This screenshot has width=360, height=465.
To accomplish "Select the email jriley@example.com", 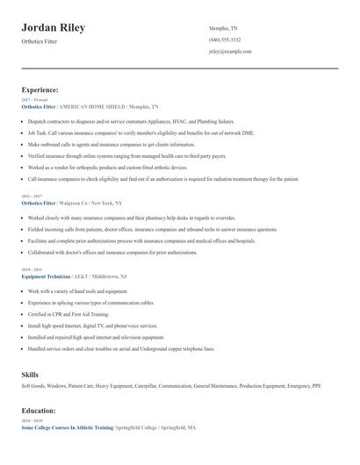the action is (230, 52).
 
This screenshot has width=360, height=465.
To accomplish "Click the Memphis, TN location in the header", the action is (225, 29).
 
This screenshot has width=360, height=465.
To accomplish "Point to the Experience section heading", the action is (40, 89).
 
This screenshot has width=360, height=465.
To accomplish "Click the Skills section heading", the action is (30, 375).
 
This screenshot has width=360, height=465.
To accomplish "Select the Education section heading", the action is (39, 411).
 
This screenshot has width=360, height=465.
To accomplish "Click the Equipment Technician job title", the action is (50, 276).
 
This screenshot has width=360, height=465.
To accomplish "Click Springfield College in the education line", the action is (141, 427).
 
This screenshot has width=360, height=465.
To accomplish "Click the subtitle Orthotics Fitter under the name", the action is (40, 43).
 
